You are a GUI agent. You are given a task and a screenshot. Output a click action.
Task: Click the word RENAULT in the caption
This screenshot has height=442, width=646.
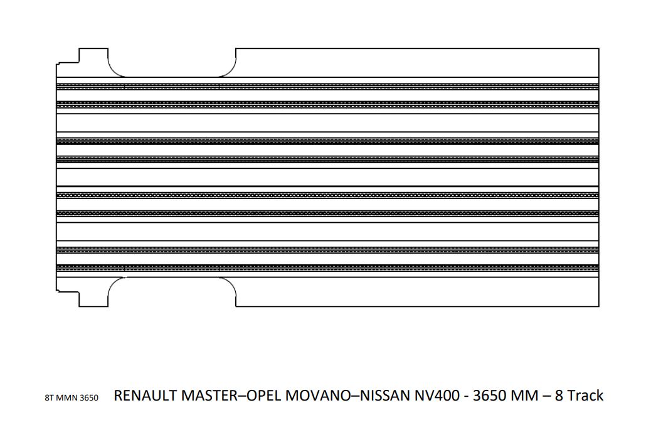click(x=146, y=396)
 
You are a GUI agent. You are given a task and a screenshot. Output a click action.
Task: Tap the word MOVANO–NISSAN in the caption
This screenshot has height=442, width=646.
click(x=348, y=396)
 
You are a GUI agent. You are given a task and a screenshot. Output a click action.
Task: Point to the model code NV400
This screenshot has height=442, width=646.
click(x=437, y=396)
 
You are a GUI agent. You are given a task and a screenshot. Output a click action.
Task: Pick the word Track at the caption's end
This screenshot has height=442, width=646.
click(x=585, y=396)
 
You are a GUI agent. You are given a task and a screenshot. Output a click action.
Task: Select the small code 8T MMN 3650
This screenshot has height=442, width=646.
click(x=71, y=398)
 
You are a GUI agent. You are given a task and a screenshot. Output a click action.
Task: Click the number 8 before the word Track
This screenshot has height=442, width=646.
click(x=559, y=396)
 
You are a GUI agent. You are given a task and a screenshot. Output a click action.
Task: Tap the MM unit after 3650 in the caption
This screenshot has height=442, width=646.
click(x=524, y=396)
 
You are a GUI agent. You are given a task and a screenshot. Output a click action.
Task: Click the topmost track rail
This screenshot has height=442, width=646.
click(x=327, y=86)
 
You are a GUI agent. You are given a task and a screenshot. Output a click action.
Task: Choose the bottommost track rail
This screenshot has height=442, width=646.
click(x=327, y=267)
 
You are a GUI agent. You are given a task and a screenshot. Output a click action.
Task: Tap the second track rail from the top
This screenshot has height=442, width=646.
click(x=327, y=104)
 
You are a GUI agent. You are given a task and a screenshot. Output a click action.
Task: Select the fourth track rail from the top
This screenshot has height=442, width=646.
click(x=327, y=159)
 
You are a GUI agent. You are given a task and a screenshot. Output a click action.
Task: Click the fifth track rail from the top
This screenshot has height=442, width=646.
click(x=327, y=195)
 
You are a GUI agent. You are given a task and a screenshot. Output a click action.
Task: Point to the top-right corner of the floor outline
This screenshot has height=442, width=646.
click(x=598, y=48)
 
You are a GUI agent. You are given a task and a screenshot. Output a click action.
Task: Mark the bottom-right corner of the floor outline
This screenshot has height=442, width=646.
click(x=598, y=306)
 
